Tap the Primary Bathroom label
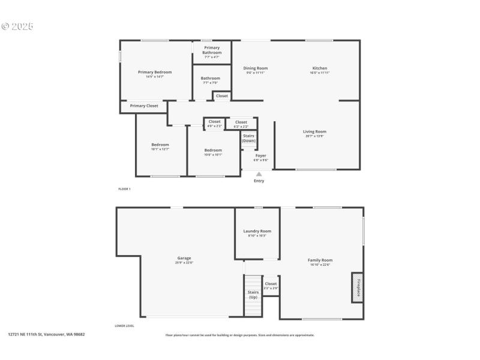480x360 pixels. point(212,50)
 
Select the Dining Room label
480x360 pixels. point(256,68)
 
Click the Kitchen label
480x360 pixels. point(320,68)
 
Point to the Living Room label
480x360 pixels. point(314,131)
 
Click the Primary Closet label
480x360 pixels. point(144,106)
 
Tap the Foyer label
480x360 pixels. point(261,155)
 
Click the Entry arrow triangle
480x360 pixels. point(259,174)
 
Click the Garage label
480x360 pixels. point(184,258)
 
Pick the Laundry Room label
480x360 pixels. point(257,231)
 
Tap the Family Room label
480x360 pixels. point(321,260)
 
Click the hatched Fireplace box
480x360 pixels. point(358,287)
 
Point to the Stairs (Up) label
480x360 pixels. point(253,295)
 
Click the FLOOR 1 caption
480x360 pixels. point(124,189)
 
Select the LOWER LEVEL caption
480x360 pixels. point(124,326)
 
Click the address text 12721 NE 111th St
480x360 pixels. point(46,334)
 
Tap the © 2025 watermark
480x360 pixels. point(17,26)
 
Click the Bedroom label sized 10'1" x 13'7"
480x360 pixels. point(160,145)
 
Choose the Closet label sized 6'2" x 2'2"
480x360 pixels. point(241,122)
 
